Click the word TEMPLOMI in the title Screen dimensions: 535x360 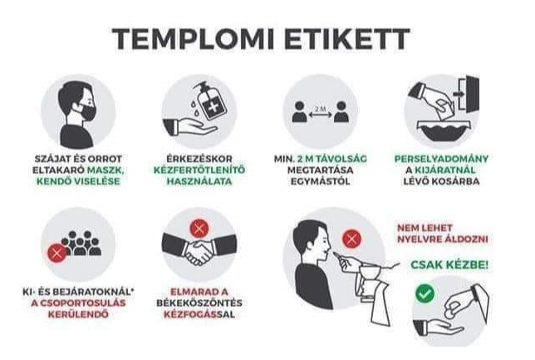click(193, 39)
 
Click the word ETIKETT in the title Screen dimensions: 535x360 click(347, 39)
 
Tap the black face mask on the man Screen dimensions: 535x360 click(87, 112)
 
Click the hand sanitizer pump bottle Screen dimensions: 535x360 click(210, 101)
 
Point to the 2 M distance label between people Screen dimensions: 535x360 click(320, 109)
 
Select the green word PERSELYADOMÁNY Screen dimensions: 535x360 click(441, 159)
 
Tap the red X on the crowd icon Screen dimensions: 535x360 click(57, 253)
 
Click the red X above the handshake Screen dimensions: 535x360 click(199, 228)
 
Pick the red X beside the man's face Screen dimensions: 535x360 click(351, 239)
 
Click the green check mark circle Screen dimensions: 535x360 click(425, 293)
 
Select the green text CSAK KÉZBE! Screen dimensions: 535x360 click(449, 264)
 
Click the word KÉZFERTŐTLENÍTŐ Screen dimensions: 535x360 click(199, 170)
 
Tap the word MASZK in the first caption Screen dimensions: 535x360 click(106, 170)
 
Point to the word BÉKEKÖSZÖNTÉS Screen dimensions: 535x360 click(199, 303)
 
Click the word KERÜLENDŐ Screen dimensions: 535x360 click(78, 314)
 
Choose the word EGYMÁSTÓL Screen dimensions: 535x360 click(320, 181)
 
